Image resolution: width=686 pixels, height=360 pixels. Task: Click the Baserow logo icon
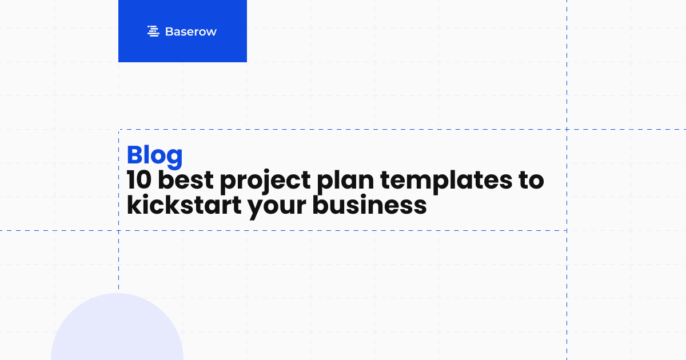(153, 31)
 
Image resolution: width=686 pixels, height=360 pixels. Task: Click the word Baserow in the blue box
(190, 32)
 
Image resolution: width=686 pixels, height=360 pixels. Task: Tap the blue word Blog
(154, 155)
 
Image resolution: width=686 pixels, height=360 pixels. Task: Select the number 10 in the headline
(139, 181)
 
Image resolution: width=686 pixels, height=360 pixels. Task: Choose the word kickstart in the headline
(183, 205)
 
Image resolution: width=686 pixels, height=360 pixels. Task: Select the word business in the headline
(369, 205)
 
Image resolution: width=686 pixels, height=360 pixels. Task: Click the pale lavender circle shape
(117, 331)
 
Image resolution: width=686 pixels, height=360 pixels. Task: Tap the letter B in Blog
(135, 155)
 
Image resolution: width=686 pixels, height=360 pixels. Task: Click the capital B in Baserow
(169, 32)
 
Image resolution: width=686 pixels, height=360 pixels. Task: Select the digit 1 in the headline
(131, 181)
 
